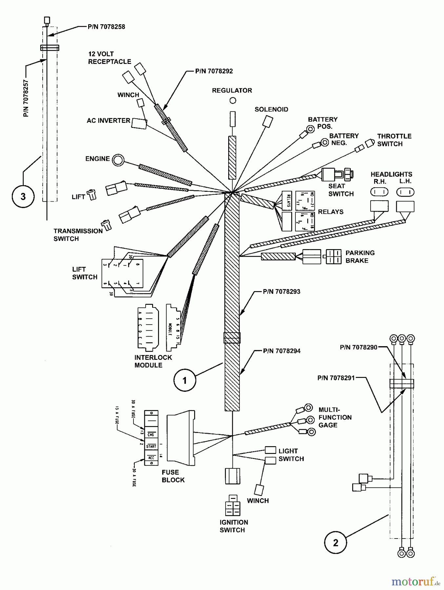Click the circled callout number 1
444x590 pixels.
(184, 380)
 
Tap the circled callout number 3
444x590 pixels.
(23, 196)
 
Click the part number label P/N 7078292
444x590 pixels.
(214, 71)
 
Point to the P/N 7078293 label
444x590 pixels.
(281, 291)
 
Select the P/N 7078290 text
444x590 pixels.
(358, 347)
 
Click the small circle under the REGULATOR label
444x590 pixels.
(233, 101)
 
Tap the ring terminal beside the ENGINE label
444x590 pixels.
(118, 160)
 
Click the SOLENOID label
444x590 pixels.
(271, 109)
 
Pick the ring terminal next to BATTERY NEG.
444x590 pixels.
(325, 142)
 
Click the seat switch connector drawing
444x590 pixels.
(337, 174)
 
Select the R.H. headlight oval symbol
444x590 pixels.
(379, 192)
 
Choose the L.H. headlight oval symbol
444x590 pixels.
(405, 192)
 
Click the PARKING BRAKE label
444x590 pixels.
(360, 257)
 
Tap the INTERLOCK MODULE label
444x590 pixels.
(153, 361)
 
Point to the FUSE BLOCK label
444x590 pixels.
(173, 476)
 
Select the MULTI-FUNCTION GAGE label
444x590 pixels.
(335, 417)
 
